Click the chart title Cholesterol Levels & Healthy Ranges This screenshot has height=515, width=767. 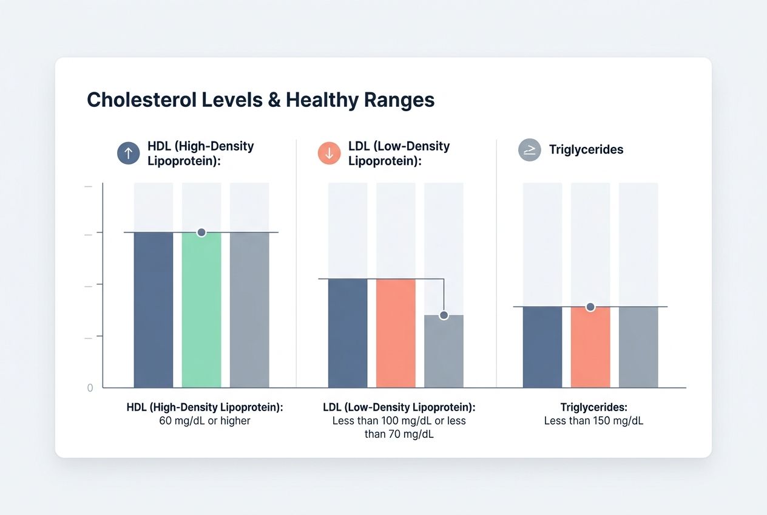coord(260,100)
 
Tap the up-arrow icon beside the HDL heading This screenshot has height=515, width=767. coord(128,154)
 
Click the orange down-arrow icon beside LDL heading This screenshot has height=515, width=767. coord(329,154)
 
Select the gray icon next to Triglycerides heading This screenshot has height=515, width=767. coord(530,150)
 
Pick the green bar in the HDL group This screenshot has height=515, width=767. coord(201,310)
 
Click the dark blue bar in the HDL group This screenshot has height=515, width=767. coord(154,310)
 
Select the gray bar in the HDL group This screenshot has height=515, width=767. coord(249,310)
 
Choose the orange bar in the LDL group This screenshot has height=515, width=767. coord(396,333)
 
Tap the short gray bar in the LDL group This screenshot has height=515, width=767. coord(444,351)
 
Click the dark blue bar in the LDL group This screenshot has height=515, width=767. coord(348,333)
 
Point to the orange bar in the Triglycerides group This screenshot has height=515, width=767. coord(590,347)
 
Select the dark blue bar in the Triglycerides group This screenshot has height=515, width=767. coord(542,347)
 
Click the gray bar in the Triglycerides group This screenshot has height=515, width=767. coord(638,347)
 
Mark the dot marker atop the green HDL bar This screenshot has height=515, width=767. coord(201,233)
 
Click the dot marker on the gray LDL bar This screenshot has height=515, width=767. coord(444,315)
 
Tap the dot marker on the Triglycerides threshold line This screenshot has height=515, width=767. coord(590,307)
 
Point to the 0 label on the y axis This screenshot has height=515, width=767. coord(90,387)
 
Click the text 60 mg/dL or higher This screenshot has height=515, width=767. coord(204,420)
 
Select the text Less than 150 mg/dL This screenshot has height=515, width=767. coord(593,420)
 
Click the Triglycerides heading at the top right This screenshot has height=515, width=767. coord(586,149)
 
